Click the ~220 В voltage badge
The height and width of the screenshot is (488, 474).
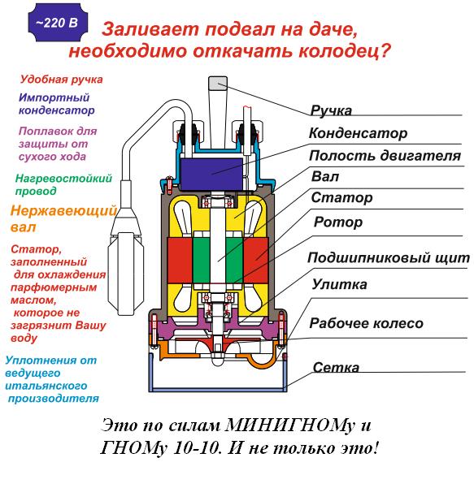tap(58, 23)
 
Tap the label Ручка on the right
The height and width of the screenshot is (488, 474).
tap(331, 110)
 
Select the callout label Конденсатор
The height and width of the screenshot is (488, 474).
tap(358, 133)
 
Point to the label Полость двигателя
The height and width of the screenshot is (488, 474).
tap(385, 156)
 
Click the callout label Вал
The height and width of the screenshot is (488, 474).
tap(325, 176)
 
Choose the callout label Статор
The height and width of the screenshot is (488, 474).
tap(341, 197)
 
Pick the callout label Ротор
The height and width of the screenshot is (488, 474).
tap(338, 222)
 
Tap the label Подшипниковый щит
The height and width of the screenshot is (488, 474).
tap(389, 257)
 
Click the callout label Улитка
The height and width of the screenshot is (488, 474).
tap(339, 284)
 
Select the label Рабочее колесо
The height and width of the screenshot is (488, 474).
tap(366, 323)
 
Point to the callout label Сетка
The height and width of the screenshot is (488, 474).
tap(336, 368)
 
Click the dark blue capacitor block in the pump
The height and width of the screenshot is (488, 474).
tap(211, 174)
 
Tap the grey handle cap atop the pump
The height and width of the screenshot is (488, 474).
tap(218, 83)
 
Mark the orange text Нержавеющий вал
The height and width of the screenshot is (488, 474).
tap(63, 218)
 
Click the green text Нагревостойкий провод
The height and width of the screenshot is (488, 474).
tap(63, 184)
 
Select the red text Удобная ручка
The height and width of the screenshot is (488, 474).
tap(62, 80)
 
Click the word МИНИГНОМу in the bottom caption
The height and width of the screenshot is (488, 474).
tap(289, 425)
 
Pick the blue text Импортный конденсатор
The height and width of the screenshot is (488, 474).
tap(56, 104)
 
